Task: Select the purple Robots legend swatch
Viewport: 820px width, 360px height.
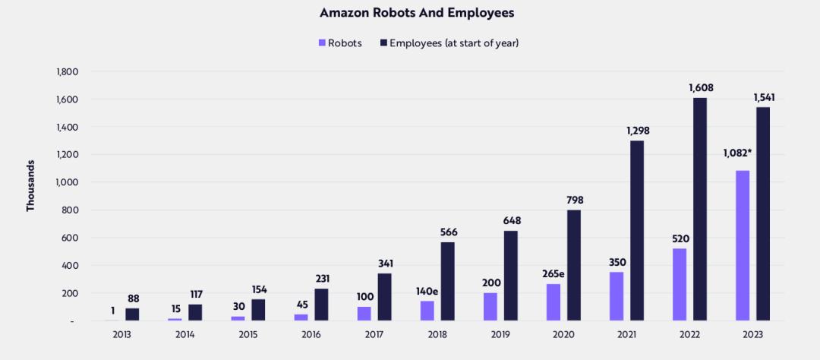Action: tap(323, 43)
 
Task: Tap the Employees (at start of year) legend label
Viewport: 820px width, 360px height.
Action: tap(453, 43)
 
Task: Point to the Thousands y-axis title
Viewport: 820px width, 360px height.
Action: tap(30, 185)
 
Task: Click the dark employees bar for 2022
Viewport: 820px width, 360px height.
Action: tap(699, 209)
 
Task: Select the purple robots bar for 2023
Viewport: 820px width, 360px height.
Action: tap(743, 245)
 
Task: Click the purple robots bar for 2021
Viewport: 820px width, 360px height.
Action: tap(617, 296)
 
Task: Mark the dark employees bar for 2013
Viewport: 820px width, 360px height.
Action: tap(132, 314)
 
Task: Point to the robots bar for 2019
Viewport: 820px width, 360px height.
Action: tap(490, 307)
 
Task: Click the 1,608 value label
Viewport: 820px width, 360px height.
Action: tap(701, 88)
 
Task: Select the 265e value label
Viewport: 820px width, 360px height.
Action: tap(553, 274)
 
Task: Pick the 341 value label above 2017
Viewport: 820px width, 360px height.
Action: tap(385, 264)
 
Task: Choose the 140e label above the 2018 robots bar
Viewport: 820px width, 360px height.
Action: tap(427, 291)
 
